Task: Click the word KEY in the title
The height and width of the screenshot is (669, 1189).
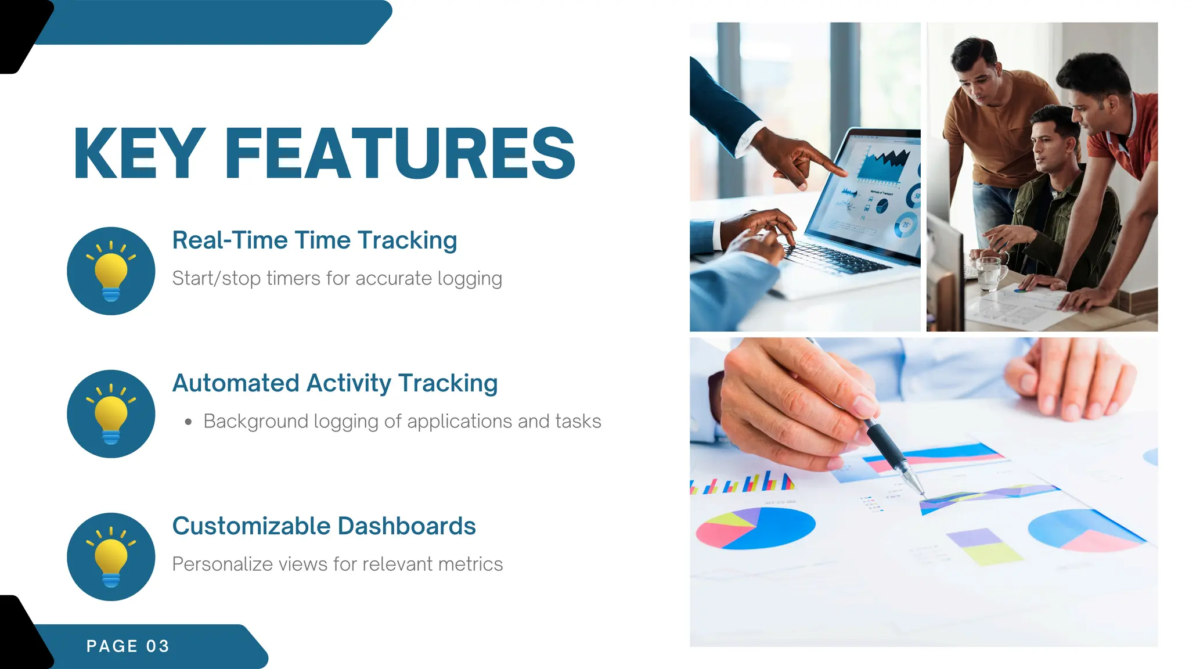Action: point(140,154)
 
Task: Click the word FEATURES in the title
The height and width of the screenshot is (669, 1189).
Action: point(399,154)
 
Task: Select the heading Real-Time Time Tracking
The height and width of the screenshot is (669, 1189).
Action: point(315,240)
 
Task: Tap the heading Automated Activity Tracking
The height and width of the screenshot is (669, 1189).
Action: point(335,383)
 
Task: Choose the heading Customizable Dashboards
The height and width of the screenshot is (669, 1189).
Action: point(324,526)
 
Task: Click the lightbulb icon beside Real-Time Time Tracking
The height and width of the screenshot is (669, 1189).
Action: point(111,271)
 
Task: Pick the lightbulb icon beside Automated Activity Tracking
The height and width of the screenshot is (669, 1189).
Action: point(111,414)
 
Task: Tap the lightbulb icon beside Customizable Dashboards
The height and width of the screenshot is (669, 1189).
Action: point(111,557)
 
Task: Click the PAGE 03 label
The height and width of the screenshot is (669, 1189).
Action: point(128,646)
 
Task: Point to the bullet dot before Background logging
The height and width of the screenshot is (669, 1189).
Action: point(188,422)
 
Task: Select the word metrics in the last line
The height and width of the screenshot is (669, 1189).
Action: point(470,564)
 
